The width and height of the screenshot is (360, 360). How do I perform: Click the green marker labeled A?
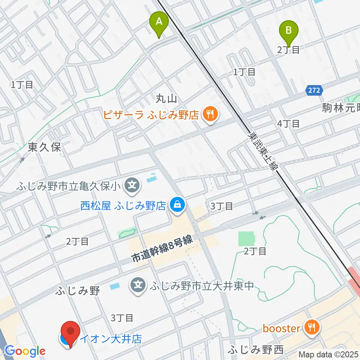point(159,23)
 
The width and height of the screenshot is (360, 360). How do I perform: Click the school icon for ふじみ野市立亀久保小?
point(132,185)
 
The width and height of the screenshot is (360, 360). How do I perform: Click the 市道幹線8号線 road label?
point(162,250)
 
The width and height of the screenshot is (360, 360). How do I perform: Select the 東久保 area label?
point(44,147)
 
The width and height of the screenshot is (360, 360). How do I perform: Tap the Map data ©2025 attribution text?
point(328,354)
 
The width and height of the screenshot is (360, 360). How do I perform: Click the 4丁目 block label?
point(288,123)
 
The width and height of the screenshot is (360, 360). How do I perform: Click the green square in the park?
point(246,238)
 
